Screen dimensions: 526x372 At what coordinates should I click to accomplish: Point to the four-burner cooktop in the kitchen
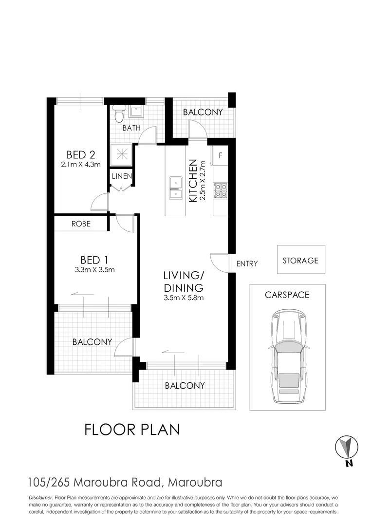[221, 190]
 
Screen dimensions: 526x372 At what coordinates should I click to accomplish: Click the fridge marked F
[221, 156]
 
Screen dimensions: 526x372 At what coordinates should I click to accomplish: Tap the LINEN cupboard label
[120, 176]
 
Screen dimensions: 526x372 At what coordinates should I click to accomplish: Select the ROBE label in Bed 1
[80, 225]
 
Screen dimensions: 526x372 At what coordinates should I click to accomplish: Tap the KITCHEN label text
[192, 181]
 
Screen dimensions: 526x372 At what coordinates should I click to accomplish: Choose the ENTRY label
[247, 263]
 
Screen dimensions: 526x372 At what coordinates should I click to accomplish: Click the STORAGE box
[300, 261]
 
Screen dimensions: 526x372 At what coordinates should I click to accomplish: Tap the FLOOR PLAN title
[132, 430]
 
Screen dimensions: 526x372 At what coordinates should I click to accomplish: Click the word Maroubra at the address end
[195, 482]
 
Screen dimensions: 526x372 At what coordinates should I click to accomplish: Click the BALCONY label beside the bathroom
[203, 112]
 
